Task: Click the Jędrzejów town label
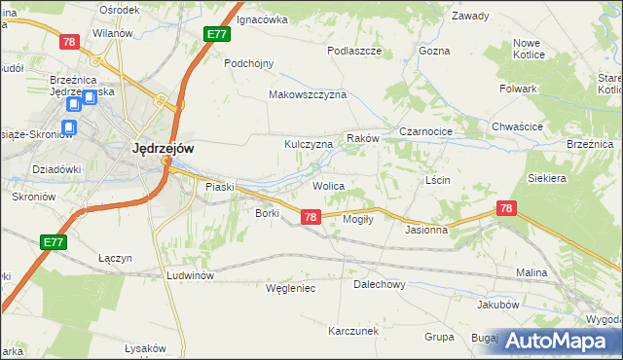click(x=163, y=148)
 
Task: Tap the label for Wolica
click(x=328, y=185)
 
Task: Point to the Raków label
click(x=361, y=140)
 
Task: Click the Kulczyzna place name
click(x=309, y=144)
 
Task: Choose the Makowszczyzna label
click(x=308, y=94)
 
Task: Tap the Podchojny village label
click(x=249, y=63)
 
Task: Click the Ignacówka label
click(x=263, y=18)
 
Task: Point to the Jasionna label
click(x=426, y=231)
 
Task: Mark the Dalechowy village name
click(x=379, y=285)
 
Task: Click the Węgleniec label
click(x=290, y=288)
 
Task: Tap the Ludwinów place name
click(x=190, y=275)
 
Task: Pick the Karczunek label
click(x=352, y=331)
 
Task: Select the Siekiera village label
click(x=547, y=179)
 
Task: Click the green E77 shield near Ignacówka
click(x=218, y=35)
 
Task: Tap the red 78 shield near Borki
click(x=311, y=217)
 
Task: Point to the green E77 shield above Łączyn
click(x=55, y=241)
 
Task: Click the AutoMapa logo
click(x=558, y=340)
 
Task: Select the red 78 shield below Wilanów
click(x=68, y=42)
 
